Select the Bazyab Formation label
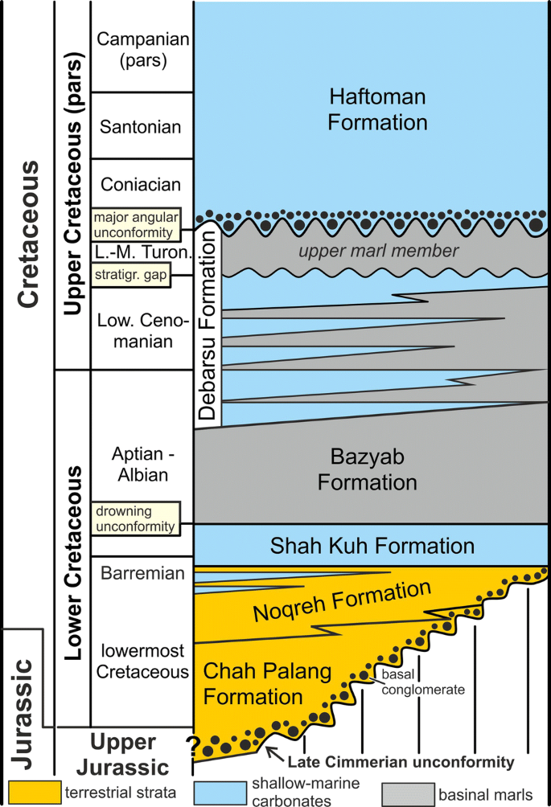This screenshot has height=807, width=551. click(x=367, y=469)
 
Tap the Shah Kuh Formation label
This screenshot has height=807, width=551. click(x=371, y=547)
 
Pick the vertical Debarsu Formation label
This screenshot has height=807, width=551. click(x=208, y=326)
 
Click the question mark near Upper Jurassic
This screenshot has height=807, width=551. click(x=194, y=746)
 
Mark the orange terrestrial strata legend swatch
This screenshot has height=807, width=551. click(x=33, y=793)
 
